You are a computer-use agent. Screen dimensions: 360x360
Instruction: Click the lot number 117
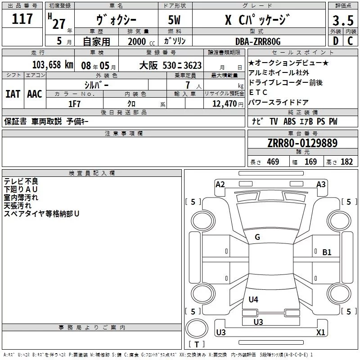point(22,19)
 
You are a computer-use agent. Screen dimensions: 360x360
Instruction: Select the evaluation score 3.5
point(342,21)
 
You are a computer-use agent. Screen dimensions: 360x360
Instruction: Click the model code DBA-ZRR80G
point(258,41)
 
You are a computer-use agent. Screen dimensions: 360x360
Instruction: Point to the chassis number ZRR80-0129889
point(302,143)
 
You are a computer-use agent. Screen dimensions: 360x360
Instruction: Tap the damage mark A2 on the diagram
point(220,184)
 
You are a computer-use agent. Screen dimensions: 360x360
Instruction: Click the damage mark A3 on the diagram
point(321,184)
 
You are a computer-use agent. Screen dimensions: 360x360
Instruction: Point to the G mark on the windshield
point(257,237)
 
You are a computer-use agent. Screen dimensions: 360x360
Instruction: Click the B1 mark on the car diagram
point(327,252)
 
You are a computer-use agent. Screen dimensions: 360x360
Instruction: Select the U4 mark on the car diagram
point(253,299)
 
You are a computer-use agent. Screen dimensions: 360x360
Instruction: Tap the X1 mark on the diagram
point(321,333)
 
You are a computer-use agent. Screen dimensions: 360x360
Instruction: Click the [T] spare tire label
point(196,345)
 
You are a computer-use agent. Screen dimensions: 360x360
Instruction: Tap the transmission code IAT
point(13,94)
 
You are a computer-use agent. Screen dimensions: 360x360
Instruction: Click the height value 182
point(346,162)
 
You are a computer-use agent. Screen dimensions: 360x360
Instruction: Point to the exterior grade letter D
point(335,41)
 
